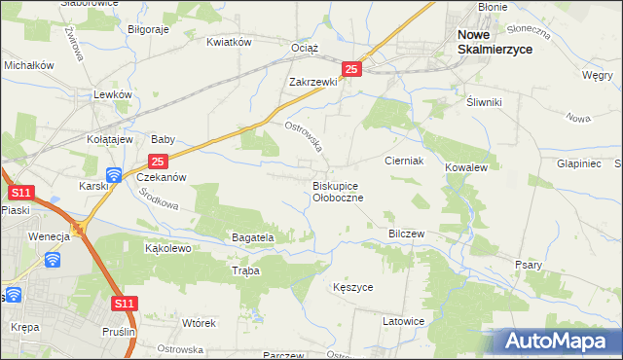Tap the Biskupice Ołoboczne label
coord(337,191)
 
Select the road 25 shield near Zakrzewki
coord(352,68)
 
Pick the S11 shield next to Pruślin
coord(123,305)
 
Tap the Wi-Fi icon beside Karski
coord(113,175)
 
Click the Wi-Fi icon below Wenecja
coord(53,259)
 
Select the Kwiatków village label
coord(229,42)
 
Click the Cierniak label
coord(403,161)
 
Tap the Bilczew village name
coord(407,234)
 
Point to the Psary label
coord(528,264)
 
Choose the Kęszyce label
coord(352,288)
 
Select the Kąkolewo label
coord(167,248)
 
